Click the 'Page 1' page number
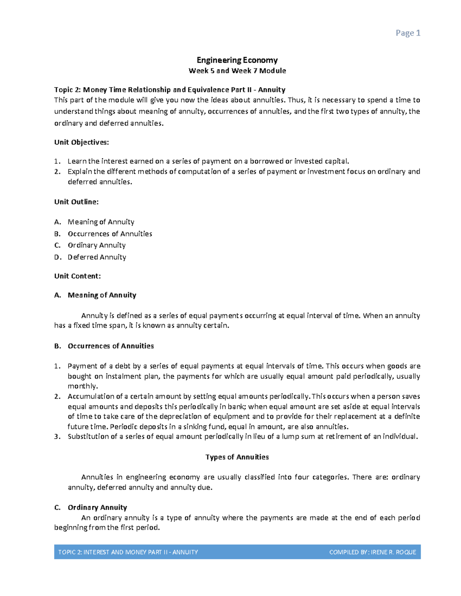408,33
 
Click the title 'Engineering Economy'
237,60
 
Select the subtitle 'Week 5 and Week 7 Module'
237,71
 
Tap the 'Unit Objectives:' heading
81,142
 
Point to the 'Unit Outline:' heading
76,202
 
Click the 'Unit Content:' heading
78,276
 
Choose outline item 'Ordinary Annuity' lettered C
96,245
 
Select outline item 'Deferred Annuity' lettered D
97,257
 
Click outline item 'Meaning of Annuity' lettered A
101,222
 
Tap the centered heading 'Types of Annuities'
237,457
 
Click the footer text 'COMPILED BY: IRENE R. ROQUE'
373,552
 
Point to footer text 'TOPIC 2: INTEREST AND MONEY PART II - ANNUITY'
128,552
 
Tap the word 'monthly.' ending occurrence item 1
83,386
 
